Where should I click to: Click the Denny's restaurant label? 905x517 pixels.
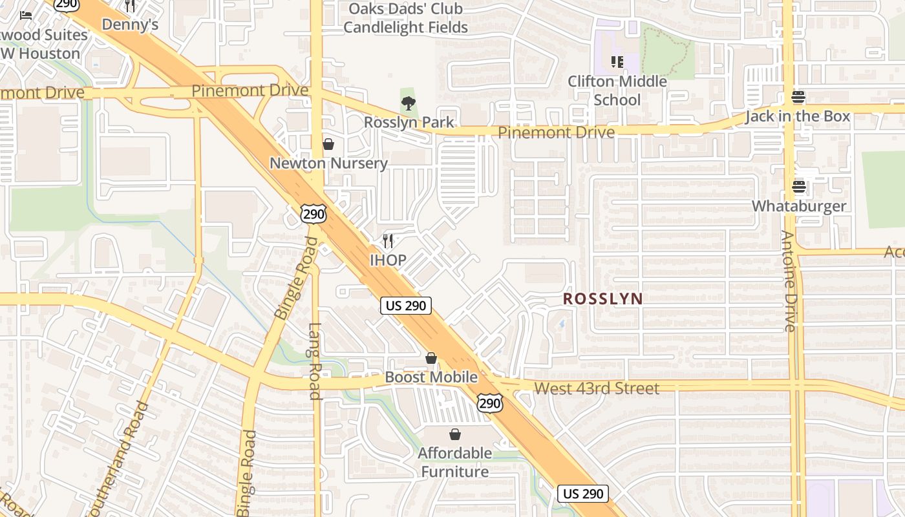[x=130, y=25]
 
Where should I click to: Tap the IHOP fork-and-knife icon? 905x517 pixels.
[x=388, y=241]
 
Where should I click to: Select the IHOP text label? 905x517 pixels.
[x=388, y=260]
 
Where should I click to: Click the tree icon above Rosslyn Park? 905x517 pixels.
[x=408, y=103]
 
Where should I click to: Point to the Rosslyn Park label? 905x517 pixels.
[x=408, y=122]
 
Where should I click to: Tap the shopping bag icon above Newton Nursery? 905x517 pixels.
[x=328, y=144]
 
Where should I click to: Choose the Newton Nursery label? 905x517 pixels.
[x=328, y=164]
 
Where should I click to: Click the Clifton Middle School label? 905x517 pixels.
[x=617, y=90]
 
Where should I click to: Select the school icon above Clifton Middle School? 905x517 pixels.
[x=617, y=62]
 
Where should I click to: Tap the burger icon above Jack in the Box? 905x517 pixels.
[x=798, y=98]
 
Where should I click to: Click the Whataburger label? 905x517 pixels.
[x=798, y=206]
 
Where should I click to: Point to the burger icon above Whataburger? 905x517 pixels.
[x=798, y=187]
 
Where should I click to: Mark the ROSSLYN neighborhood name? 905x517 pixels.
[x=602, y=299]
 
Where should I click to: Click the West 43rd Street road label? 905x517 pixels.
[x=597, y=388]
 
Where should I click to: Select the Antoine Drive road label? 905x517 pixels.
[x=788, y=281]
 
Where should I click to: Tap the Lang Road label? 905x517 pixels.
[x=314, y=361]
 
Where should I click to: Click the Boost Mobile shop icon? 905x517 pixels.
[x=431, y=358]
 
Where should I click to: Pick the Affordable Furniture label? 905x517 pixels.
[x=455, y=462]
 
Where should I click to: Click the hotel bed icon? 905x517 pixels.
[x=26, y=15]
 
